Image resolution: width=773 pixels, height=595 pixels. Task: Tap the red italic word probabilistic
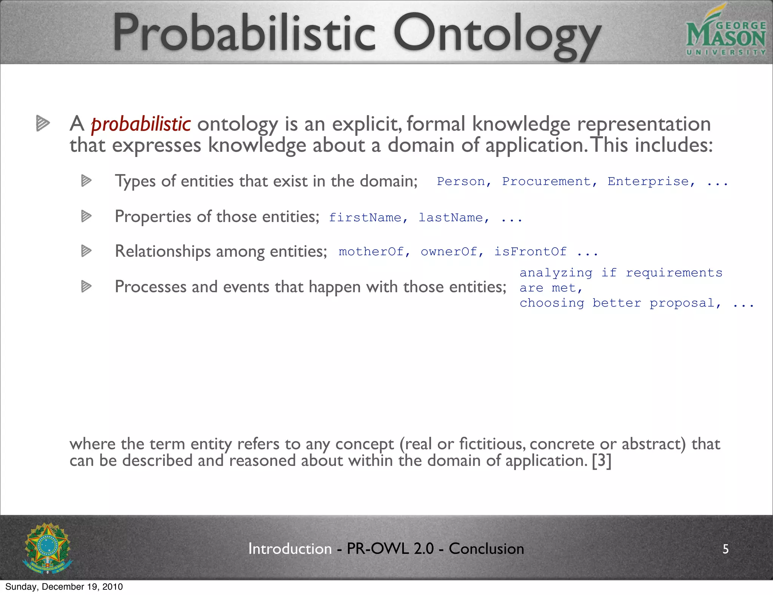pos(141,124)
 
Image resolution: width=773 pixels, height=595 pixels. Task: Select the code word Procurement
pos(546,182)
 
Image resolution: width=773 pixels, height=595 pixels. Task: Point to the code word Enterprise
pos(648,182)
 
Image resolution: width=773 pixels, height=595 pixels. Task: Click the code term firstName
pos(365,217)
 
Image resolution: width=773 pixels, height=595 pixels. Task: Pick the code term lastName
pos(451,217)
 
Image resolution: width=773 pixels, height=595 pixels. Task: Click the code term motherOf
pos(371,251)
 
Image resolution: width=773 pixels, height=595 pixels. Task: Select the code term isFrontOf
pos(530,251)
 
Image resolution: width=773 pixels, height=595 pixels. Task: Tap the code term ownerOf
pos(449,251)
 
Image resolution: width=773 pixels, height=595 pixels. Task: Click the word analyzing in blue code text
pos(556,273)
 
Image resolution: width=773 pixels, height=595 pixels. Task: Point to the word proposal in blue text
pos(682,303)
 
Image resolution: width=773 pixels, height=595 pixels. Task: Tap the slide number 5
pos(725,549)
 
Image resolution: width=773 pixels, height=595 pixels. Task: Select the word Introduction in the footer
pos(290,549)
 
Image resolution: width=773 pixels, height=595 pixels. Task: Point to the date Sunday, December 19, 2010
pos(64,587)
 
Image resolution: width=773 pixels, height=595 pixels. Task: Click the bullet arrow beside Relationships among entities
pos(86,251)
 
